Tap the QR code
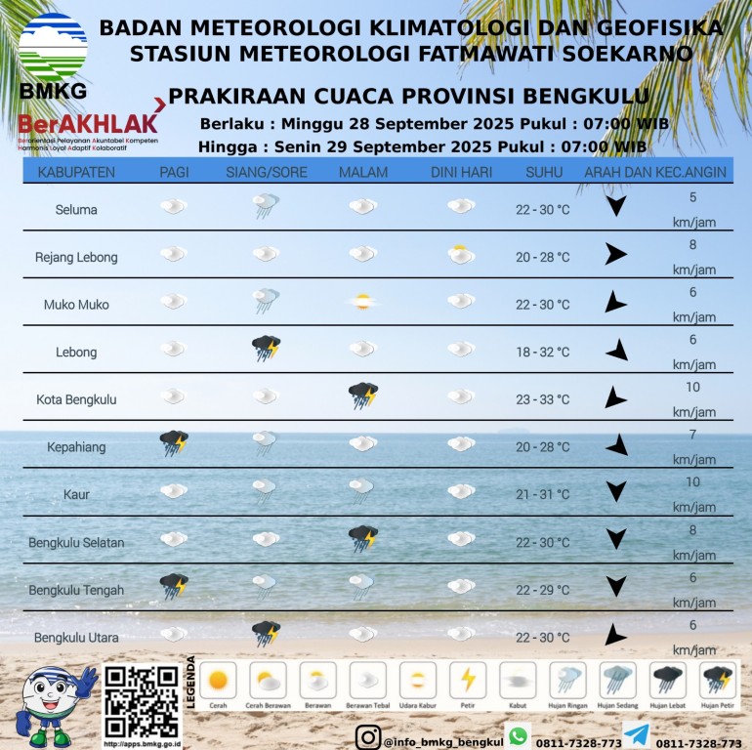pos(142,701)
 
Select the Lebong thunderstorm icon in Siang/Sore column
pos(267,348)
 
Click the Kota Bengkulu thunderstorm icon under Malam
pos(363,396)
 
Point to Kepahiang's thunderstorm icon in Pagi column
pos(174,443)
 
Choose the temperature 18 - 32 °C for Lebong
pos(542,352)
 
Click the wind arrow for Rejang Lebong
pos(614,255)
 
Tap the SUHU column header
pos(543,173)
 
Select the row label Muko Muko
pos(76,305)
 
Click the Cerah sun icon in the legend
pos(218,680)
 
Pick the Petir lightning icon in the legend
pos(467,680)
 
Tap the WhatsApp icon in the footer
pos(518,735)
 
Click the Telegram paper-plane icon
pos(636,735)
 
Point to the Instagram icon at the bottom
pos(367,737)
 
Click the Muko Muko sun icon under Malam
pos(362,302)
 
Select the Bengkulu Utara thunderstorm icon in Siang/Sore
pos(266,633)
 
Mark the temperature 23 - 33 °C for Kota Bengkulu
pos(542,399)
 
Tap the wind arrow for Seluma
pos(614,206)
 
